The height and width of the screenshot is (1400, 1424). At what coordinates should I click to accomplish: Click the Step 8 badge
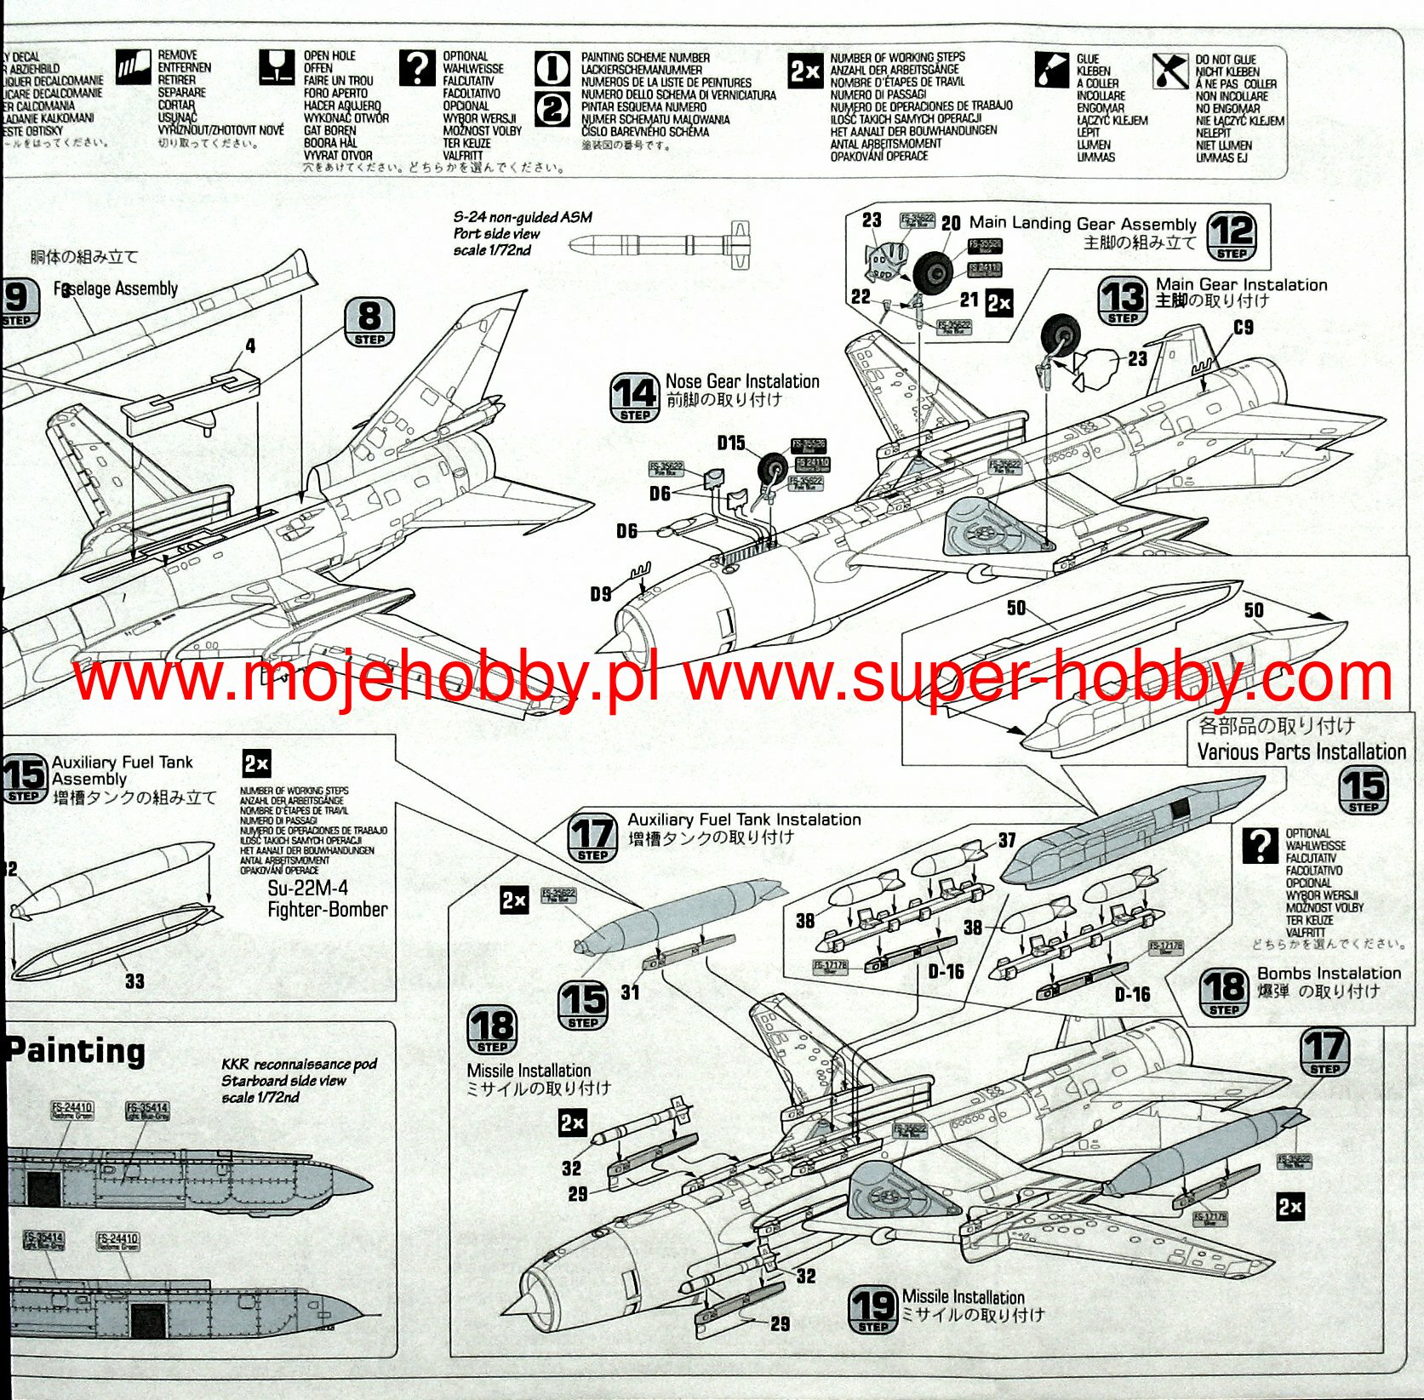tap(369, 322)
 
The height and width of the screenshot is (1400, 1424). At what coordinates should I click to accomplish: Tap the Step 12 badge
tap(1232, 236)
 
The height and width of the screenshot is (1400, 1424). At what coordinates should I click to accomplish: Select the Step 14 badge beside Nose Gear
tap(635, 397)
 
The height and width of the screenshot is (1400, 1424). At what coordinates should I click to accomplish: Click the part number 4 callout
tap(250, 346)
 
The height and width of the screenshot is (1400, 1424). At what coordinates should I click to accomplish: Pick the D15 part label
tap(731, 443)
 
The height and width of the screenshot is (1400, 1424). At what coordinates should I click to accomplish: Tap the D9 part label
tap(601, 594)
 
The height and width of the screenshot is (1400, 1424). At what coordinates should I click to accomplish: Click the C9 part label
tap(1244, 328)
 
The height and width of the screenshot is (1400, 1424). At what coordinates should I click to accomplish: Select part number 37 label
tap(1007, 841)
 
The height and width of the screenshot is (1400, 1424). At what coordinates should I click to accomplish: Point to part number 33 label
tap(134, 981)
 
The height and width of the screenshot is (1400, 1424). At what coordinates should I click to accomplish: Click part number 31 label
tap(630, 992)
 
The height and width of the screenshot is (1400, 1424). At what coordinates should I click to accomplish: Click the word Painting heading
tap(77, 1051)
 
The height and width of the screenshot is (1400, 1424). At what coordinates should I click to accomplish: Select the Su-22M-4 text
tap(308, 889)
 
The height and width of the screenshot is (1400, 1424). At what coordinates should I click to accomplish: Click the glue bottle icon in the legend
tap(1052, 70)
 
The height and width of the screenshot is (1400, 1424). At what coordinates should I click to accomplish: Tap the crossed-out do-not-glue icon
tap(1170, 71)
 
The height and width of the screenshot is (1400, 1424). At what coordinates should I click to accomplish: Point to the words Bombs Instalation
tap(1329, 973)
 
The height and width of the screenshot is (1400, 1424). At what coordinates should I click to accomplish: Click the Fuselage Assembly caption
tap(116, 289)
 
